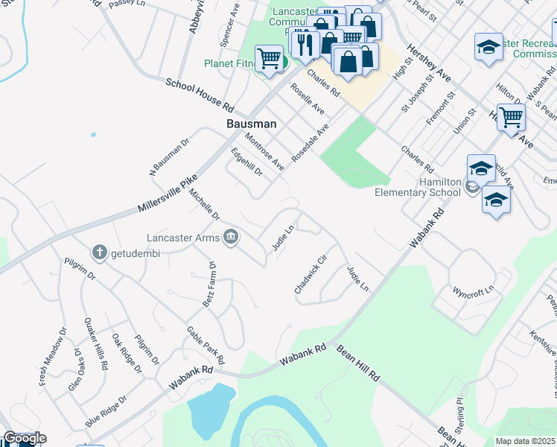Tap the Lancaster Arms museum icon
coord(232,238)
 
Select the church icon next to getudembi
coord(99,253)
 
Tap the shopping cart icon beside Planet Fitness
coord(269,60)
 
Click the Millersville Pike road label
coord(168,194)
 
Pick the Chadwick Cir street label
coord(311,275)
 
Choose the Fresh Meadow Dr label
coord(51,357)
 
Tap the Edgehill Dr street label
coord(246,161)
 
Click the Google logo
coord(24,438)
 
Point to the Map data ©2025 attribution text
coord(525,441)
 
